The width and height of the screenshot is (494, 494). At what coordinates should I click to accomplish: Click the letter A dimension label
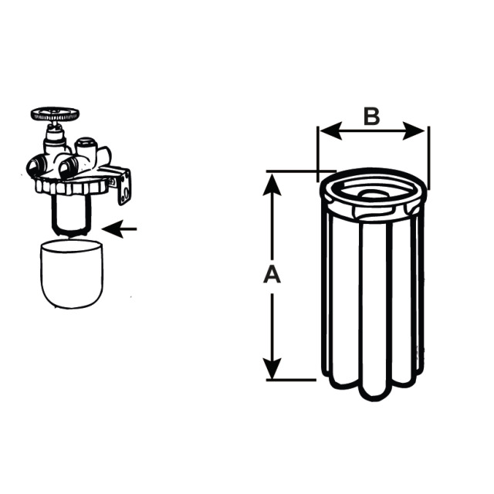[272, 275]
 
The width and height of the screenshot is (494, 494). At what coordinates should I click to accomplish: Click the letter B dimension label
[372, 116]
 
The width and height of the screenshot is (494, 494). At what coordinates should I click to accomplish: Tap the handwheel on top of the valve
[55, 113]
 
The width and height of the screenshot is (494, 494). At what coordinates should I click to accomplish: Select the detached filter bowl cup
[72, 273]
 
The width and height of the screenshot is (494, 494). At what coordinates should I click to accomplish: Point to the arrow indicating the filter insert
[120, 229]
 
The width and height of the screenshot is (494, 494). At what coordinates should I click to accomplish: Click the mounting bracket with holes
[124, 186]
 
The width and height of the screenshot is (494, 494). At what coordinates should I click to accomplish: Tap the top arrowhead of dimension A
[272, 184]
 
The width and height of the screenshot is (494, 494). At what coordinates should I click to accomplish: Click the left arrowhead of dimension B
[330, 130]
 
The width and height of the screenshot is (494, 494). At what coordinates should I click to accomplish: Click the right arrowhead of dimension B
[414, 130]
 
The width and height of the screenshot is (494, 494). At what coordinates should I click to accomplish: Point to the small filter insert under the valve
[72, 215]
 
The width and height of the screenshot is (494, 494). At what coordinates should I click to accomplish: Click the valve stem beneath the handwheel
[56, 137]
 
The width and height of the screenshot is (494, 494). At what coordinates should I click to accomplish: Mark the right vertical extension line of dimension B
[429, 158]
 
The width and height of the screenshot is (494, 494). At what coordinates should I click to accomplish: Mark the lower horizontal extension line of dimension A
[291, 380]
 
